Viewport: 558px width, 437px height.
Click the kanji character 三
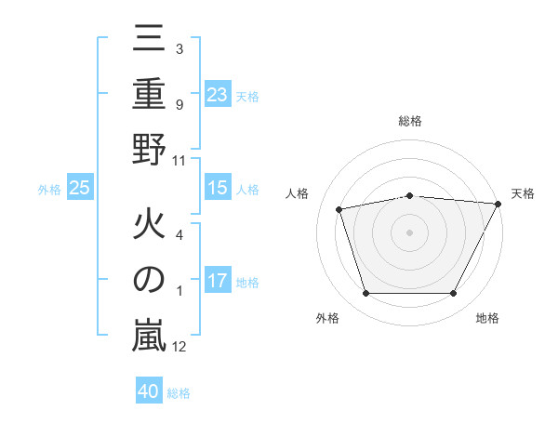click(x=149, y=39)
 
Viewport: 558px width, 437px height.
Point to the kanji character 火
click(x=149, y=225)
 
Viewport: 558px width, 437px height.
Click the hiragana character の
click(x=149, y=282)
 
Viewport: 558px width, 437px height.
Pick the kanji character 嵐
click(x=149, y=337)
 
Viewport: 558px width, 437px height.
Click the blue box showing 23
click(x=217, y=94)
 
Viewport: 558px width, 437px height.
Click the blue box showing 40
click(x=149, y=391)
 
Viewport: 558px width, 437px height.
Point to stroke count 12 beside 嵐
click(x=179, y=348)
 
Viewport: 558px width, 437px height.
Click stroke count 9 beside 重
click(x=179, y=104)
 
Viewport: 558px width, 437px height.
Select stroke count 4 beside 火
click(x=179, y=234)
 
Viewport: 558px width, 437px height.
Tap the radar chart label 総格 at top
click(x=410, y=122)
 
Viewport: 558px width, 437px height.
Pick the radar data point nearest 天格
click(x=498, y=204)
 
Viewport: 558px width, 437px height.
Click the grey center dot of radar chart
click(x=410, y=232)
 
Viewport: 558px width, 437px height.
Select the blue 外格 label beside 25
click(x=49, y=190)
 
